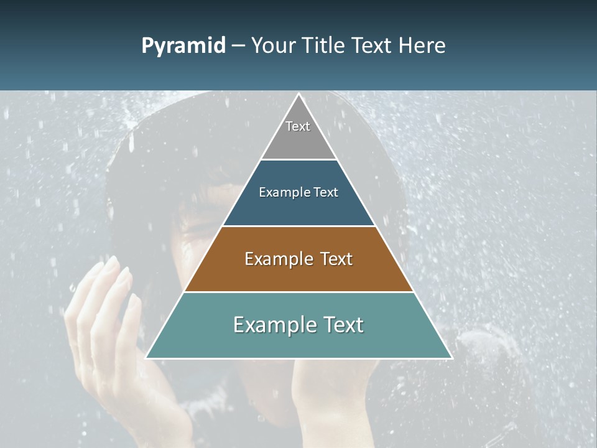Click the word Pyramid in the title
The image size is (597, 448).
pyautogui.click(x=183, y=46)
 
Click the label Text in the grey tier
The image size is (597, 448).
pyautogui.click(x=298, y=126)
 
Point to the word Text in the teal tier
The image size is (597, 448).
pyautogui.click(x=343, y=325)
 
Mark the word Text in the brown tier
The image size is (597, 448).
pyautogui.click(x=336, y=259)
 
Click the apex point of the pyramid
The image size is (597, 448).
pyautogui.click(x=298, y=95)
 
